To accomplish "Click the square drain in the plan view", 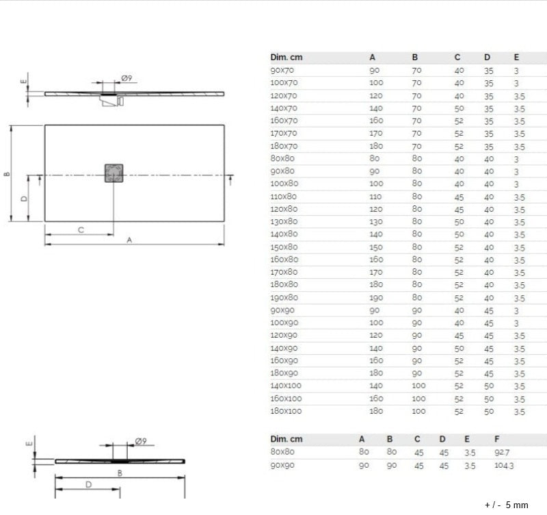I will coord(114,173).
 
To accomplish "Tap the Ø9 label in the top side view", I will coord(126,77).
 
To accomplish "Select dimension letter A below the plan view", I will coord(129,240).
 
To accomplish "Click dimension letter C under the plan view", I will coord(80,230).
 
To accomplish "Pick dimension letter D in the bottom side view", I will coord(89,484).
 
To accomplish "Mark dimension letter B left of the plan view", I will coord(5,173).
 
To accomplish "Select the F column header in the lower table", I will coord(497,439).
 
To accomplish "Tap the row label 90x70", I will coord(282,70).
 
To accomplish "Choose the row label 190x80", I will coord(284,297).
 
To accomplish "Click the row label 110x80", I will coord(284,197).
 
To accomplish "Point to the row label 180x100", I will coord(286,411).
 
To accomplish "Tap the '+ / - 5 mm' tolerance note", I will coord(506,505).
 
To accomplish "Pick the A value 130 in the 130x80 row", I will coord(376,222).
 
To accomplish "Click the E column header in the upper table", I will coord(516,57).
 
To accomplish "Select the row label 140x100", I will coord(286,386).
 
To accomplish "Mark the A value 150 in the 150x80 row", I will coord(376,247).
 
